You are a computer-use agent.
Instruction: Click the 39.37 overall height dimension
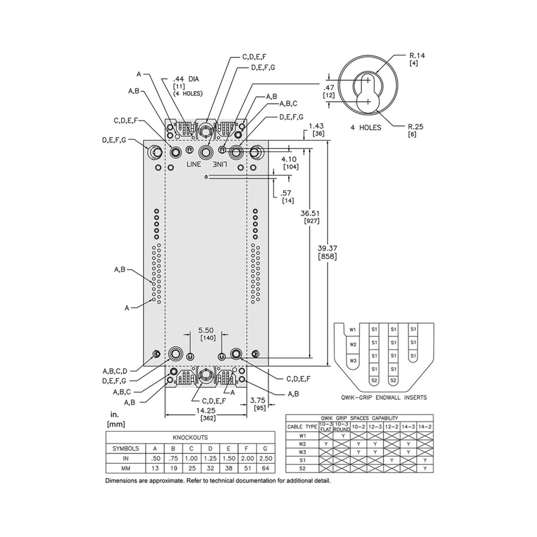coord(327,248)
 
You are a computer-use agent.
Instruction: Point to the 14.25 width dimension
coord(206,410)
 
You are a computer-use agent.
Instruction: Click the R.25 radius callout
coord(416,127)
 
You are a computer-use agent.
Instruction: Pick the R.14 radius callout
coord(417,56)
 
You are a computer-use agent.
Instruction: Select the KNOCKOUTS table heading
coord(190,438)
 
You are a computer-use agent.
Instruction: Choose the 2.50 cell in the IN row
coord(266,458)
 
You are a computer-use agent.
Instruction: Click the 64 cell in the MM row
coord(266,469)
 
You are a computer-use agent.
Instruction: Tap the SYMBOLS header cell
coord(125,448)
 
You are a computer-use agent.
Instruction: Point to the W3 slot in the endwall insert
coord(353,360)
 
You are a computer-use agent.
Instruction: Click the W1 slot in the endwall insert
coord(353,330)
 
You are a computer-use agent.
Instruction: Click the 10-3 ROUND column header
coord(341,426)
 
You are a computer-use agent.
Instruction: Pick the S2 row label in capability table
coord(303,468)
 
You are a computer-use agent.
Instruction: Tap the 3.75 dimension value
coord(259,400)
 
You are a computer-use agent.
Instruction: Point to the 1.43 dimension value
coord(316,127)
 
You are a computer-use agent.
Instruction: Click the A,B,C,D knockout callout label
coord(115,371)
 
